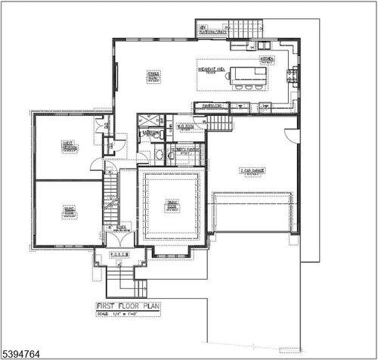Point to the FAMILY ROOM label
pyautogui.click(x=153, y=75)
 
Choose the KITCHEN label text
pyautogui.click(x=267, y=58)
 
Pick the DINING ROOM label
pyautogui.click(x=172, y=204)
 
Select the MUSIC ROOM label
pyautogui.click(x=69, y=213)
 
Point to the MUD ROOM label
pyautogui.click(x=185, y=127)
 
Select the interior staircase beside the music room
pyautogui.click(x=111, y=195)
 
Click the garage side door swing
pyautogui.click(x=292, y=136)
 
